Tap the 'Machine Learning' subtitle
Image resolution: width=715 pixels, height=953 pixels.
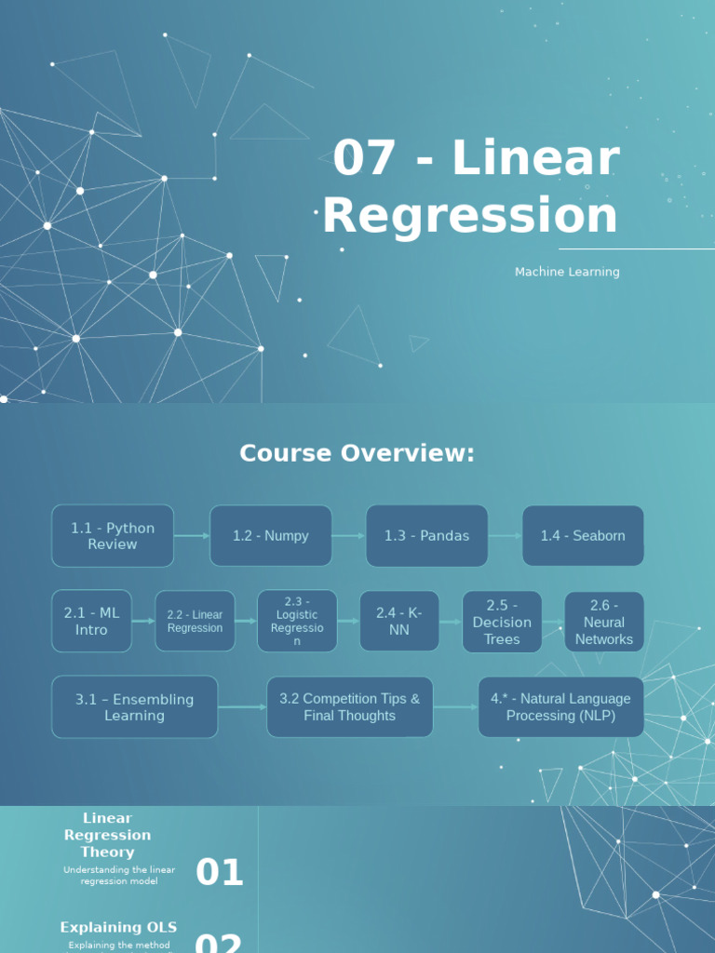pyautogui.click(x=567, y=272)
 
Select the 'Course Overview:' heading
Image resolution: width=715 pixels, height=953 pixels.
pyautogui.click(x=357, y=453)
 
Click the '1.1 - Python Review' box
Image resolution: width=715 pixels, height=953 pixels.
pyautogui.click(x=113, y=536)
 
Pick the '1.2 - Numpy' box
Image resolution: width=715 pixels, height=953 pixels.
pyautogui.click(x=271, y=536)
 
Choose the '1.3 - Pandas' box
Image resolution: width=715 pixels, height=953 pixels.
pyautogui.click(x=426, y=536)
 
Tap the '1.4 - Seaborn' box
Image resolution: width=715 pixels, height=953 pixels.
pyautogui.click(x=583, y=536)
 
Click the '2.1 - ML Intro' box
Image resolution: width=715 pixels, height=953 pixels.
pyautogui.click(x=91, y=621)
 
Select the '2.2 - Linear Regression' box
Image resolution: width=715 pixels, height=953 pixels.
pyautogui.click(x=195, y=621)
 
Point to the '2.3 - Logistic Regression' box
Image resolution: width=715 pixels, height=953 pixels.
pyautogui.click(x=297, y=621)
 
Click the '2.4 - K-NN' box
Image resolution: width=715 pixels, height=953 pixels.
pyautogui.click(x=399, y=621)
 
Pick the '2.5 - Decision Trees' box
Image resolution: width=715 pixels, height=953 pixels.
pyautogui.click(x=502, y=621)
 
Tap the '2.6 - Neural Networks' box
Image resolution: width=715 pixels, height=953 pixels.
pyautogui.click(x=604, y=622)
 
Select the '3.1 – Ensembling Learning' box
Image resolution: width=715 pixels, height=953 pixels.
pyautogui.click(x=135, y=707)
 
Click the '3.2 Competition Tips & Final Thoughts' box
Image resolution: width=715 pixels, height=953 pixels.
pyautogui.click(x=350, y=707)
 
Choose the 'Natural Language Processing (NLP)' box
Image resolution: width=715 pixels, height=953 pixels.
pyautogui.click(x=560, y=707)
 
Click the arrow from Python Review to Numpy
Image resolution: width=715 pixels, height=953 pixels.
pyautogui.click(x=192, y=536)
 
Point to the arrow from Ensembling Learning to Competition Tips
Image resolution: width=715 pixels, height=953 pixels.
pyautogui.click(x=242, y=707)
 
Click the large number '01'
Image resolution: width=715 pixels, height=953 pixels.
pyautogui.click(x=220, y=873)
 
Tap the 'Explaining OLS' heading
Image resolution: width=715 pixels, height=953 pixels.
pyautogui.click(x=118, y=927)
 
